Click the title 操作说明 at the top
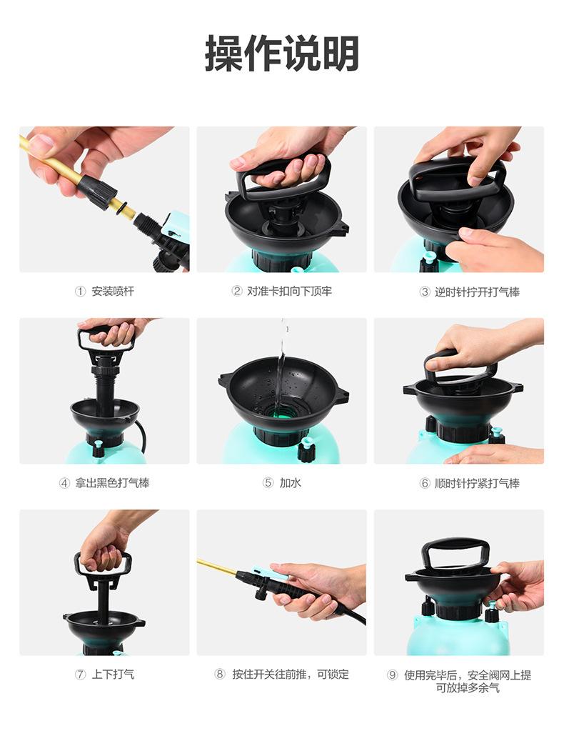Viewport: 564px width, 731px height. pos(282,53)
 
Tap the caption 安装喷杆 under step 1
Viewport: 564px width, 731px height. pos(113,292)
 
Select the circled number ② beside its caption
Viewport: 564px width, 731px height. pos(237,292)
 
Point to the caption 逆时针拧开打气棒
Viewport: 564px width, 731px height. pos(477,292)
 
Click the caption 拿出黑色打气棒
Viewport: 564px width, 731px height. pos(112,483)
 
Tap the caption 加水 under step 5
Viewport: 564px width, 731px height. pos(290,483)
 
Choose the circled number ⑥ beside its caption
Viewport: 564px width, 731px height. pos(425,484)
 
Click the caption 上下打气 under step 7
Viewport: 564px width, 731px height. pos(113,674)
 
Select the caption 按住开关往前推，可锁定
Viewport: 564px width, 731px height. pos(291,674)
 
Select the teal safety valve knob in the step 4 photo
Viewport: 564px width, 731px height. pos(99,446)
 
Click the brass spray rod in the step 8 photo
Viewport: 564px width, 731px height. pos(217,567)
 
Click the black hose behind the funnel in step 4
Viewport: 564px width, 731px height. pos(141,437)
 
